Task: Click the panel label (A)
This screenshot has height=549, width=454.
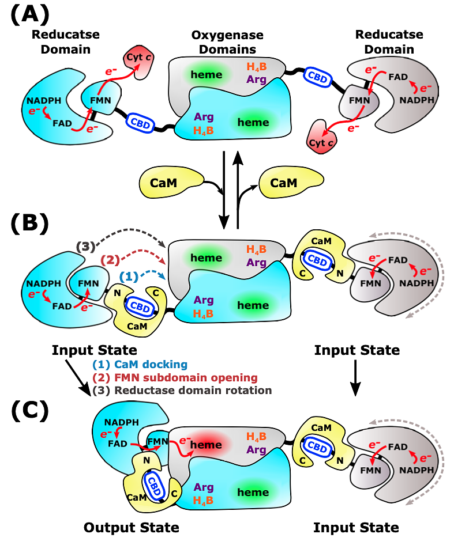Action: [30, 15]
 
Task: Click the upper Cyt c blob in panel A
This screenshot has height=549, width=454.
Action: [139, 61]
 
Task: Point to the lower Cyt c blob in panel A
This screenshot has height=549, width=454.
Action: [321, 137]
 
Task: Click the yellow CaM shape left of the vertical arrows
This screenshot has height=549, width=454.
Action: [171, 182]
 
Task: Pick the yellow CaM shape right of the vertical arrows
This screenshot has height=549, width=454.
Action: [291, 182]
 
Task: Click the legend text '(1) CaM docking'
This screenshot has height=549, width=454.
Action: [140, 365]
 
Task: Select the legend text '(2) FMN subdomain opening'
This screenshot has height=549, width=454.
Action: [175, 377]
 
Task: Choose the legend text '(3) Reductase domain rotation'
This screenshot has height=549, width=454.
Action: [182, 391]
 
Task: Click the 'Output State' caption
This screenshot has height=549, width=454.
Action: [131, 527]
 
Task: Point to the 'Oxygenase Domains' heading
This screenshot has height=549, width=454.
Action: [227, 42]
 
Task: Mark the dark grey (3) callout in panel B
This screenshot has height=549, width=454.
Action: [85, 247]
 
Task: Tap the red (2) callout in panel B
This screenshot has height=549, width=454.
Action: [110, 260]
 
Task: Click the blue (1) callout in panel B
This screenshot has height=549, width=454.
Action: [129, 277]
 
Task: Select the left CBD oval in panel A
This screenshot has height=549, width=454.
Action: [140, 123]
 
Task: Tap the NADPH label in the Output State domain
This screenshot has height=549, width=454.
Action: [122, 422]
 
